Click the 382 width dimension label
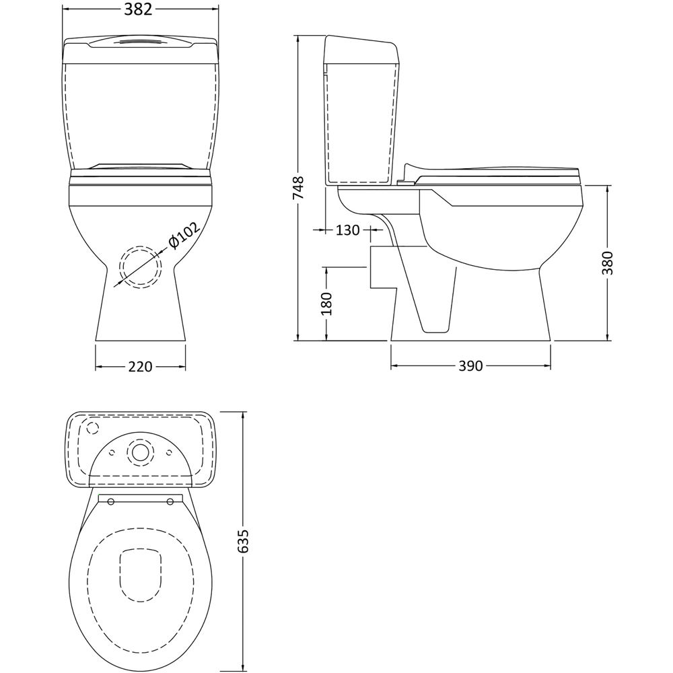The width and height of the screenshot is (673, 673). [140, 9]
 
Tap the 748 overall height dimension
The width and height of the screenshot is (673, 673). [299, 188]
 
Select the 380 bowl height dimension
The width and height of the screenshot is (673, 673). [608, 263]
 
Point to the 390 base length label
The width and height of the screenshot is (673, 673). [471, 366]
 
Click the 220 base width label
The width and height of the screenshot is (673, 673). [140, 367]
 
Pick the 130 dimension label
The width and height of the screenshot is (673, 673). [347, 230]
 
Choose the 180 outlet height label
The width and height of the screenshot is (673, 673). [327, 304]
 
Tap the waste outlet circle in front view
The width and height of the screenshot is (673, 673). [140, 267]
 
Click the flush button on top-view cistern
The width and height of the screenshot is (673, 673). [140, 452]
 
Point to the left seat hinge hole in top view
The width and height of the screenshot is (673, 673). [110, 500]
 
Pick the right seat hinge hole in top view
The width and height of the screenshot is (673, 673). [170, 500]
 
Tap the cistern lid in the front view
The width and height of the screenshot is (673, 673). [140, 47]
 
